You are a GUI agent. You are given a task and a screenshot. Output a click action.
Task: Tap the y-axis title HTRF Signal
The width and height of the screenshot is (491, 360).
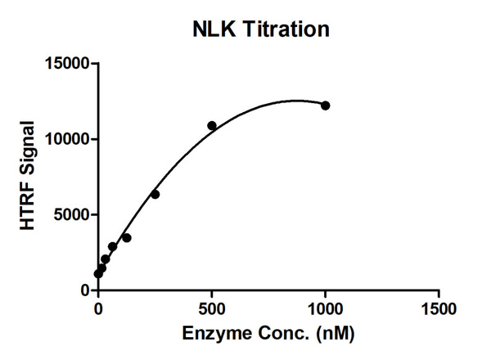coord(27,175)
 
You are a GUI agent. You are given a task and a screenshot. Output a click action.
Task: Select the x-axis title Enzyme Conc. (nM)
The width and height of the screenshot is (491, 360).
coord(268,335)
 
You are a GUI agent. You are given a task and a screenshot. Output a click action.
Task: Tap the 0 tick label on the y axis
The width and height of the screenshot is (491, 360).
coord(84,290)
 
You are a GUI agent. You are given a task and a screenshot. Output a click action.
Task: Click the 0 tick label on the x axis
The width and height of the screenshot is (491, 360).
coord(98,310)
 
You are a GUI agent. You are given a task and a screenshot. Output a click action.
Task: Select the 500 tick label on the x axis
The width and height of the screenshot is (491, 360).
coord(212,310)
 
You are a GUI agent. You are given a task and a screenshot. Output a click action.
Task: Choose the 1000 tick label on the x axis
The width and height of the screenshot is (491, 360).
coord(325,310)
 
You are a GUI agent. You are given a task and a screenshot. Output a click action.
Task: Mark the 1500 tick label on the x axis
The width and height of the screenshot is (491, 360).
coord(439,310)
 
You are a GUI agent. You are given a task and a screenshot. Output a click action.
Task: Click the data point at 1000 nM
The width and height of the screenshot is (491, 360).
coord(325,106)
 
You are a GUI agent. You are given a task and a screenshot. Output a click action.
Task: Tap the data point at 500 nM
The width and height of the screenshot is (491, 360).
coord(212,126)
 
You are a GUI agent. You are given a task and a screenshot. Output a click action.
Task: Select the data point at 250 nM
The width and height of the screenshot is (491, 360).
coord(155,194)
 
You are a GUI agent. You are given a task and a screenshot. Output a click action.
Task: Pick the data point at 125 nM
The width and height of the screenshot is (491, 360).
coord(126,238)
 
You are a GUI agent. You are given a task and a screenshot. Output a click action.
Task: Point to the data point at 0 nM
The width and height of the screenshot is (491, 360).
coord(98,273)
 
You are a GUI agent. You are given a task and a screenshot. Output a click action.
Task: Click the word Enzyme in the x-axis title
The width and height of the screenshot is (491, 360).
coord(215,335)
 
